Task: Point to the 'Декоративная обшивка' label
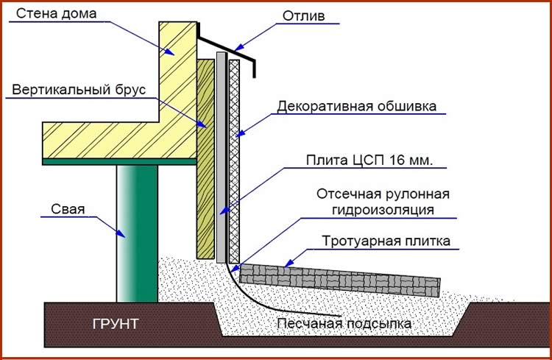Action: point(357,106)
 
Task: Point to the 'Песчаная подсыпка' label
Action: point(344,323)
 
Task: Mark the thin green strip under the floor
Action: point(118,160)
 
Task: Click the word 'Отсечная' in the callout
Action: point(350,194)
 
